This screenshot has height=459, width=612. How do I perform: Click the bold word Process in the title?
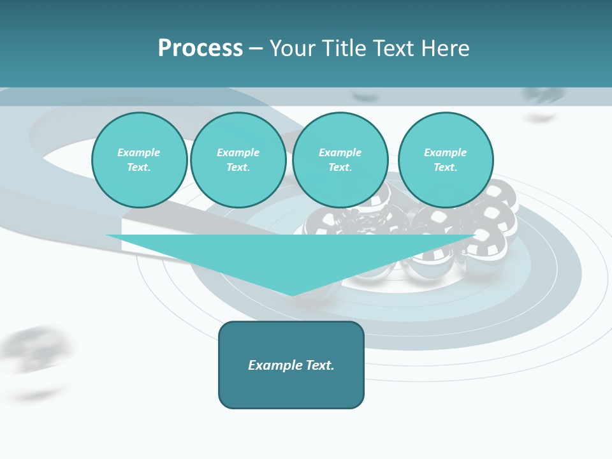(x=200, y=48)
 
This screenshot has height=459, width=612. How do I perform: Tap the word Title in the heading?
(x=343, y=48)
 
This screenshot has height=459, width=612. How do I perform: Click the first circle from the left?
(x=139, y=160)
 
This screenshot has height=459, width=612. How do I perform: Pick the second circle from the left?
(x=238, y=160)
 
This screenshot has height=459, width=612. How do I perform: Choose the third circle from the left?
(x=340, y=160)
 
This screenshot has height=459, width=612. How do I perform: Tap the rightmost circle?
(x=446, y=160)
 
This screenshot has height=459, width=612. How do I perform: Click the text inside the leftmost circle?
(x=139, y=160)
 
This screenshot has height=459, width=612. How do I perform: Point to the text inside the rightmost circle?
(x=446, y=160)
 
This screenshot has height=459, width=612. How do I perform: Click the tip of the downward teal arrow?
(x=292, y=294)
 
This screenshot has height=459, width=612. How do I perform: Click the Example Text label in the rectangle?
(x=291, y=365)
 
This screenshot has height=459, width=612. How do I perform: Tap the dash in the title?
(x=256, y=49)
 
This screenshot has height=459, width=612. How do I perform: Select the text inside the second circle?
(x=238, y=160)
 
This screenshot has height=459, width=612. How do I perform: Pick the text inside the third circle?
(x=340, y=160)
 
